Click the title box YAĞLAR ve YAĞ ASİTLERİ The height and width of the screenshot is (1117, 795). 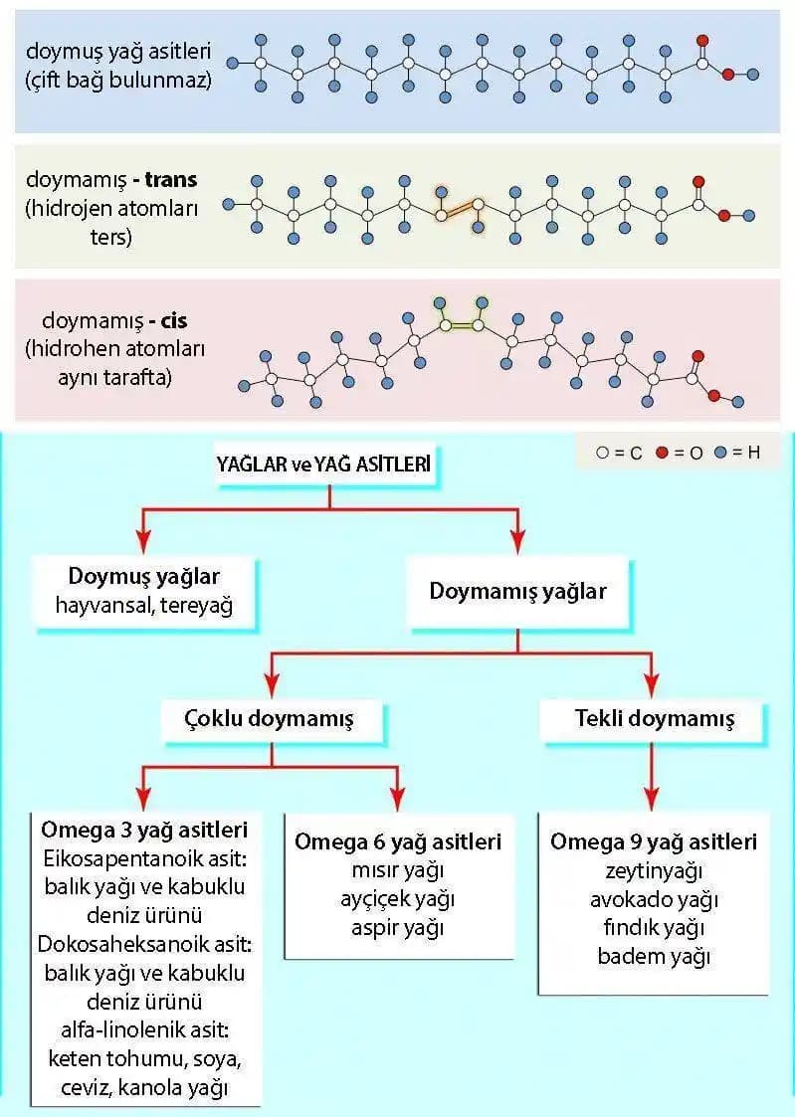pyautogui.click(x=324, y=464)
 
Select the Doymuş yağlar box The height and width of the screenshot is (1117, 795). pyautogui.click(x=144, y=591)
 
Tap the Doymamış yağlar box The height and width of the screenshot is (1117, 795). pyautogui.click(x=517, y=591)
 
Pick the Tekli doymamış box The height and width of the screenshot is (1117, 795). pyautogui.click(x=654, y=717)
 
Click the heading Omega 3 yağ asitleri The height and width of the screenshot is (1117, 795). pyautogui.click(x=144, y=829)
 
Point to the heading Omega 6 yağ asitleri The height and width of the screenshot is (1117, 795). pyautogui.click(x=398, y=841)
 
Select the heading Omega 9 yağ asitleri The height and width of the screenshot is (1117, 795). pyautogui.click(x=654, y=841)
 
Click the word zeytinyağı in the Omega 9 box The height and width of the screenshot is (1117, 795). pyautogui.click(x=654, y=871)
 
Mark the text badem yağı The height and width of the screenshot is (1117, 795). pyautogui.click(x=654, y=957)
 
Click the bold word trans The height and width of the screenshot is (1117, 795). pyautogui.click(x=171, y=180)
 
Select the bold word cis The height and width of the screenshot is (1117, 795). pyautogui.click(x=173, y=321)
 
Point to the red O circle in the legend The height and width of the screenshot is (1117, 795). pyautogui.click(x=662, y=453)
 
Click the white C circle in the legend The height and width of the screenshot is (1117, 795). pyautogui.click(x=603, y=453)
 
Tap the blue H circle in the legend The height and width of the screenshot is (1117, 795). pyautogui.click(x=719, y=453)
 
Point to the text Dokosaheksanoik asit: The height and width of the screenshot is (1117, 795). pyautogui.click(x=144, y=943)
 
